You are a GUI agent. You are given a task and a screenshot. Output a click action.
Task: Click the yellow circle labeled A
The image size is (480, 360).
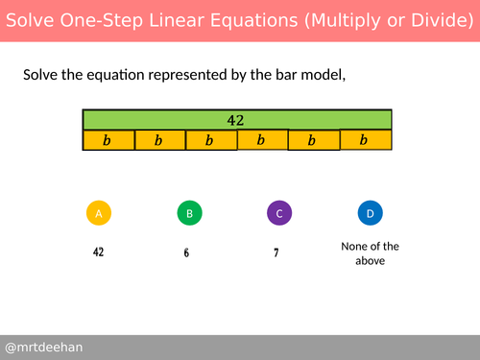[98, 214]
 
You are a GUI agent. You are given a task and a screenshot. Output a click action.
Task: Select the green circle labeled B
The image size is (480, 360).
[190, 214]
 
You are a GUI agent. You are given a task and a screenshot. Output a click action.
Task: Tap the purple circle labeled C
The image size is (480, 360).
[278, 214]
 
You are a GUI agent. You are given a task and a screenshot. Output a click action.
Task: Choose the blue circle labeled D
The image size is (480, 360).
[370, 214]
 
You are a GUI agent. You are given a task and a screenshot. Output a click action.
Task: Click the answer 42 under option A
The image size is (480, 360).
[98, 252]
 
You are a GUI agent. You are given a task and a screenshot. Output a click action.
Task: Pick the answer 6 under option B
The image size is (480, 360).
[186, 253]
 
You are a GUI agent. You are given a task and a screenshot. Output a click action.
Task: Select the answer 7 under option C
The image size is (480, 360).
[276, 253]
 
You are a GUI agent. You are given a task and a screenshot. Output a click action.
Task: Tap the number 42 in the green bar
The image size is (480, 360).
[235, 120]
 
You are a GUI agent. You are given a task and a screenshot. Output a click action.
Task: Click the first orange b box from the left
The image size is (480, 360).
[108, 141]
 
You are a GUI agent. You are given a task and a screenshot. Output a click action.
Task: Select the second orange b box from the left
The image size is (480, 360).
[159, 141]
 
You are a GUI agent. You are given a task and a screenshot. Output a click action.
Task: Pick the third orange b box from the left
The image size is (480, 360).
[210, 141]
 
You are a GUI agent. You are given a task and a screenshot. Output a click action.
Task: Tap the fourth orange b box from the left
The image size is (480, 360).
[262, 140]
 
